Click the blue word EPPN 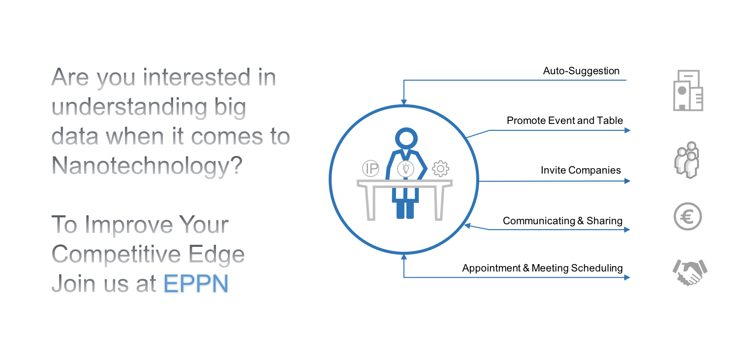coord(196,283)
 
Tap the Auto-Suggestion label coord(581,71)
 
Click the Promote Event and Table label coord(565,120)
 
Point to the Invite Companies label coord(581,170)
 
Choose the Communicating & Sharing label coord(562,221)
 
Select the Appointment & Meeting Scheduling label coord(542,268)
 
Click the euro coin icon coord(688,216)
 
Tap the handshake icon coord(690,272)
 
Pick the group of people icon coord(687,160)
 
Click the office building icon coord(688,90)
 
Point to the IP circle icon coord(370,168)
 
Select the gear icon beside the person coord(440,169)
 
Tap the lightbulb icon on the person coord(405,169)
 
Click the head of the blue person coord(406,138)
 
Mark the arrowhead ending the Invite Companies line coord(627,181)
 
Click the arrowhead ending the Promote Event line coord(627,130)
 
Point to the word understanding coord(129,107)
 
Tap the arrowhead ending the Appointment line coord(627,277)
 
